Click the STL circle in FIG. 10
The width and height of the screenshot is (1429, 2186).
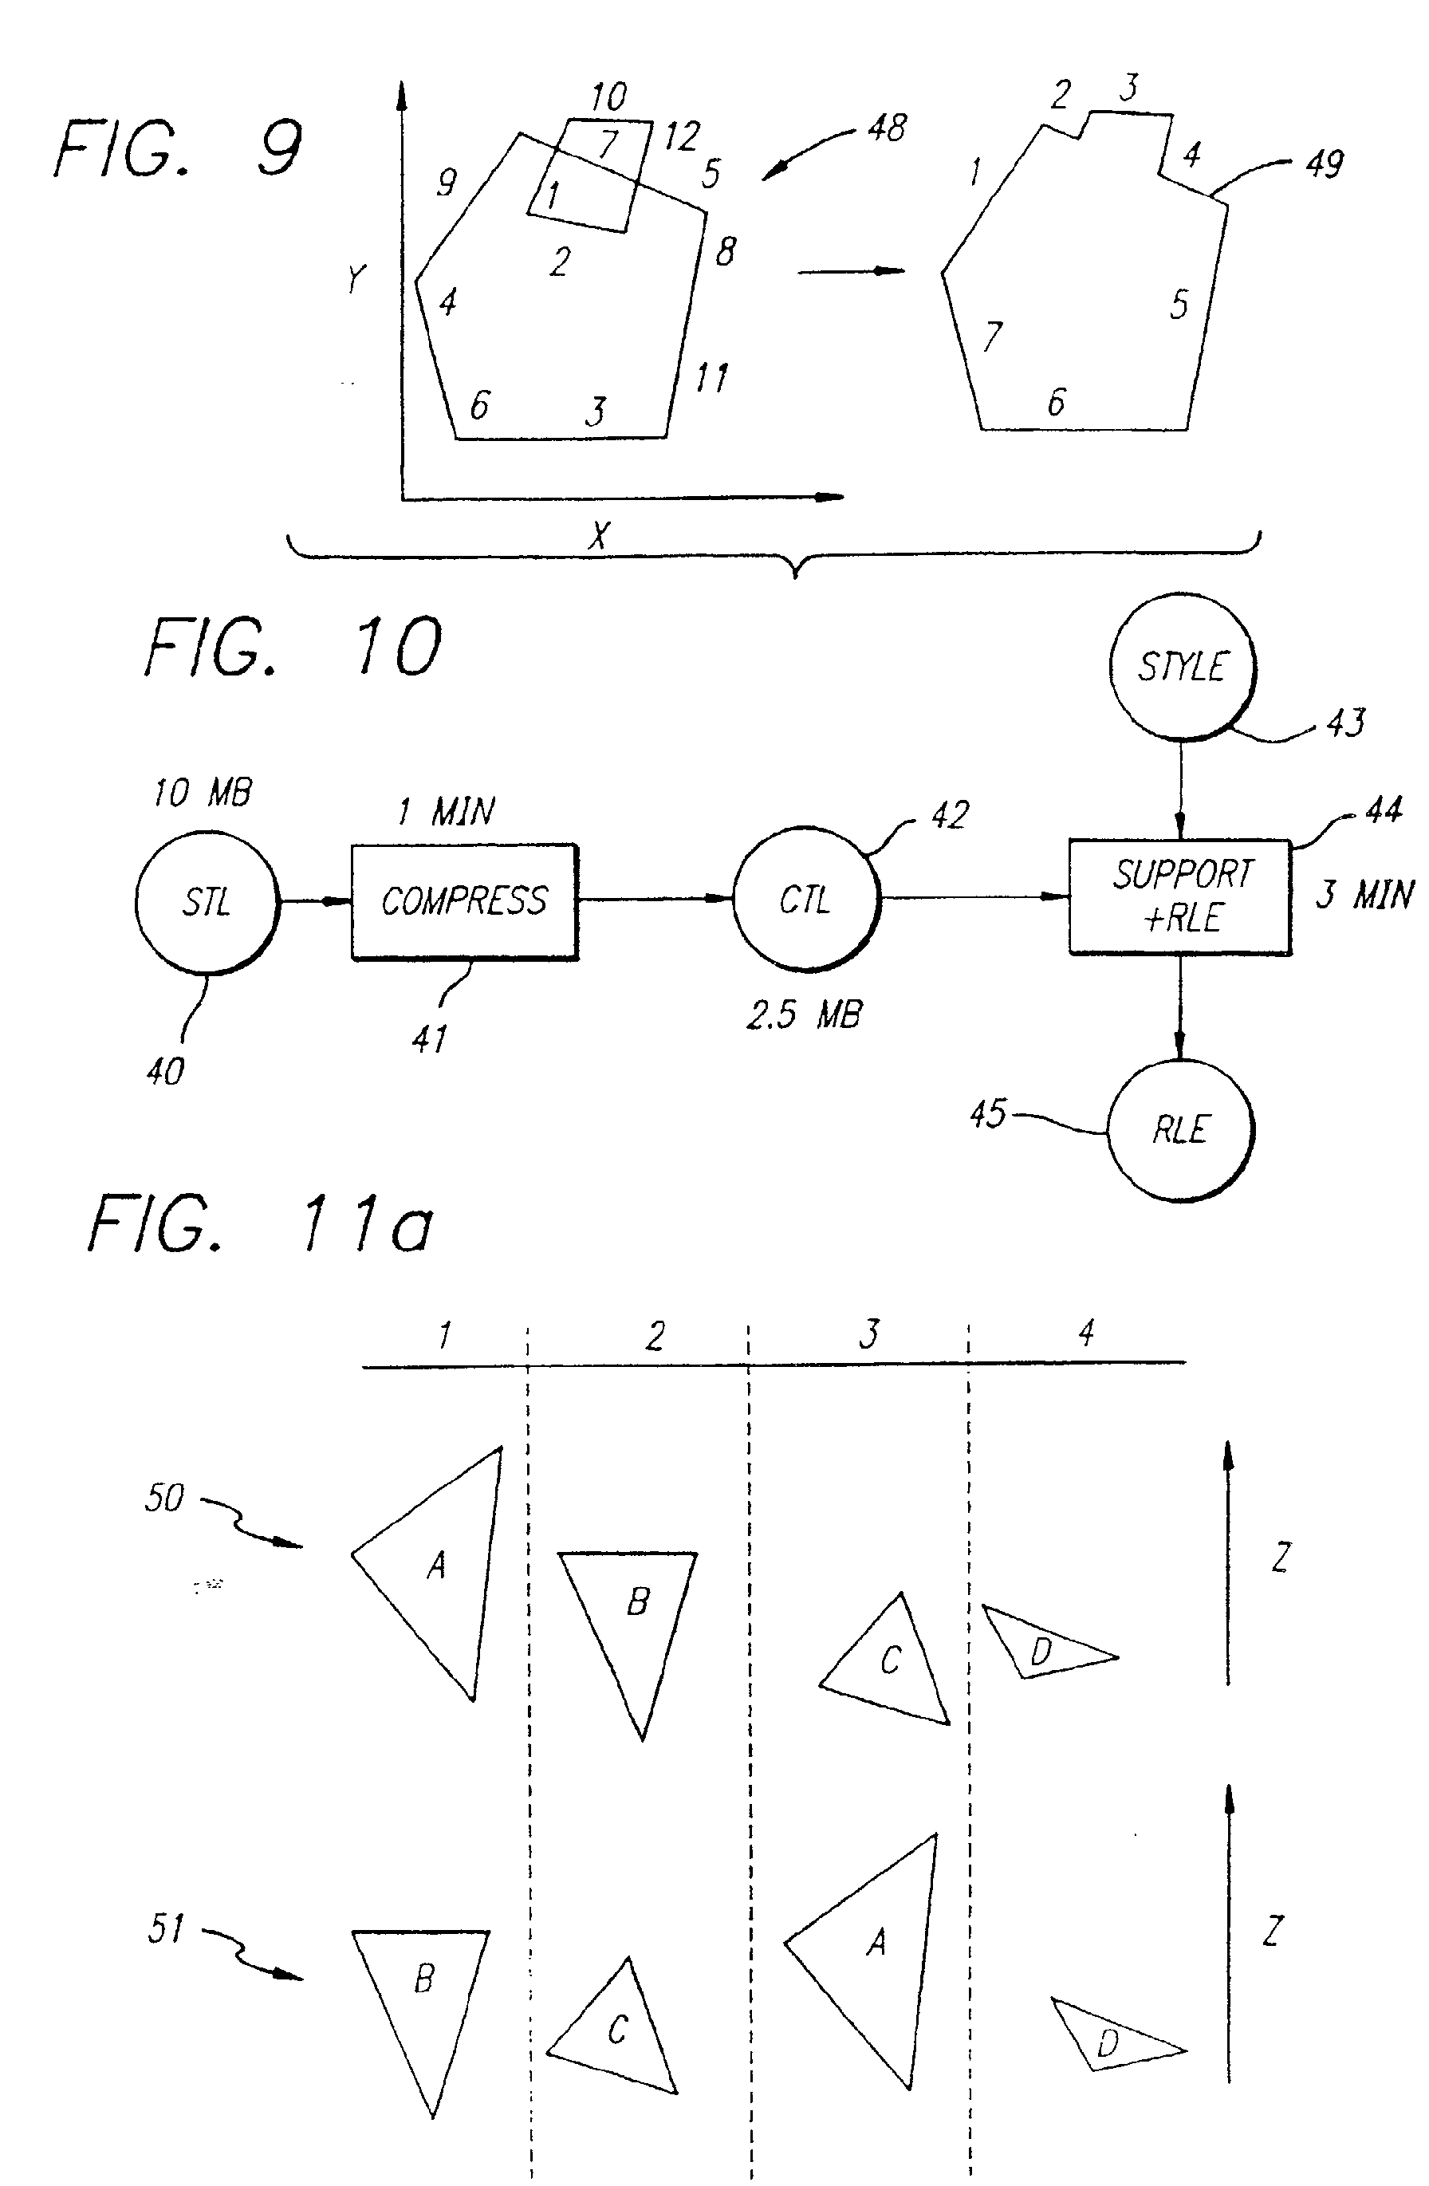[x=206, y=902]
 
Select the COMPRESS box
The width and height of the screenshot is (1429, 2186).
[x=464, y=901]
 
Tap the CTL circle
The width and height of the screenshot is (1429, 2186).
[x=805, y=899]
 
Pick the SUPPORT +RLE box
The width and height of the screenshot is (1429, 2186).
[x=1180, y=896]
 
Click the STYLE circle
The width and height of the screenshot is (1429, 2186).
[x=1182, y=666]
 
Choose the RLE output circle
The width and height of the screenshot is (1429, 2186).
[x=1180, y=1130]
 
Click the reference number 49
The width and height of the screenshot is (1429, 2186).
[x=1325, y=163]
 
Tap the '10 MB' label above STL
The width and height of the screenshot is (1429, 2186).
[x=202, y=792]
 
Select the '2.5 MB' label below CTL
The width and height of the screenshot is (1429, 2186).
[x=804, y=1015]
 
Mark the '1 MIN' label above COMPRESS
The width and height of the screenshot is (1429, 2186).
[x=447, y=811]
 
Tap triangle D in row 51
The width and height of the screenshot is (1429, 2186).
[x=1112, y=2043]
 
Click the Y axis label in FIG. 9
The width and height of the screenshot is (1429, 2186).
[x=356, y=278]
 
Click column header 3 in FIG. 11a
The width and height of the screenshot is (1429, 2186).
[x=868, y=1333]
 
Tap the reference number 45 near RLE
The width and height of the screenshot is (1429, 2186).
[x=988, y=1114]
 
